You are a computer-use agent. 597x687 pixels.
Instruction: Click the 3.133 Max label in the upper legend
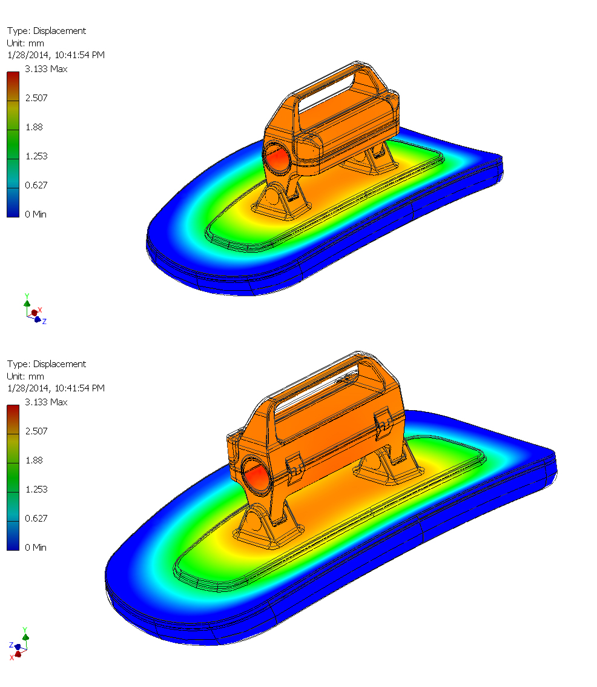[46, 69]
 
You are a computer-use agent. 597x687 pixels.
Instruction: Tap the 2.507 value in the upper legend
[36, 98]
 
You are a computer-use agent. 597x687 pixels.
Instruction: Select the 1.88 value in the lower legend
[34, 460]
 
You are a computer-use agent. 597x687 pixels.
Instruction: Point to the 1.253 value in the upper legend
[36, 156]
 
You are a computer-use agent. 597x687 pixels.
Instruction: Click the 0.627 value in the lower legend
[36, 519]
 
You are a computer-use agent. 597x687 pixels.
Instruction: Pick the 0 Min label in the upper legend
[36, 214]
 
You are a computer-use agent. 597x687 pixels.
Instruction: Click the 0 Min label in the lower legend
[36, 547]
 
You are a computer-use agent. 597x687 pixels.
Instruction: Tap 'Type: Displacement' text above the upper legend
[47, 31]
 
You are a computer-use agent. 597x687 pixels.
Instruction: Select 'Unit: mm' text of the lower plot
[25, 376]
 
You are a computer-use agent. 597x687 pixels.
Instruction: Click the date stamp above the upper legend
[56, 55]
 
